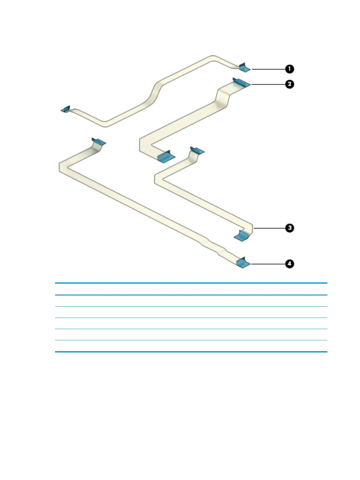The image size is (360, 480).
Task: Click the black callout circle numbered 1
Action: point(289,69)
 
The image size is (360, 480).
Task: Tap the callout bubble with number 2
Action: point(289,84)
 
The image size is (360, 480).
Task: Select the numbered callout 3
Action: point(289,228)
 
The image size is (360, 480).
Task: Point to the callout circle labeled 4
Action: point(289,264)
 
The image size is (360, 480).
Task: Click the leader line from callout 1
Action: point(268,69)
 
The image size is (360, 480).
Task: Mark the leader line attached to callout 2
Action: point(268,84)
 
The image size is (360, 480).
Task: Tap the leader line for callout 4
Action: point(268,264)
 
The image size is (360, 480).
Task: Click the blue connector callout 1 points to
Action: point(245,68)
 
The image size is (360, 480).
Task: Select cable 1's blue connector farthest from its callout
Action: point(65,109)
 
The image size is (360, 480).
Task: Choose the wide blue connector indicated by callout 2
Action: point(242,82)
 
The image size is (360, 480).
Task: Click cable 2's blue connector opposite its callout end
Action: point(166,156)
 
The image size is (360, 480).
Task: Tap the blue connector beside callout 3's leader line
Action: point(242,235)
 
